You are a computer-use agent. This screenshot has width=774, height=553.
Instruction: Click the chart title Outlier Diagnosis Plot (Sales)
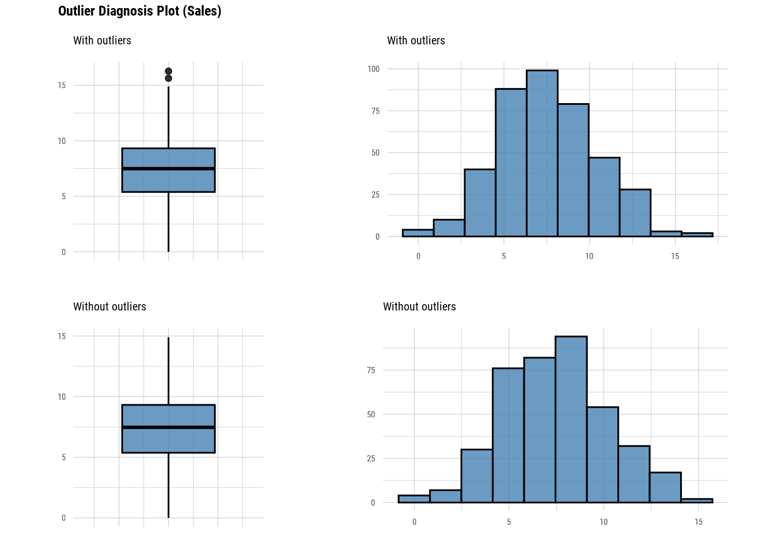pos(139,11)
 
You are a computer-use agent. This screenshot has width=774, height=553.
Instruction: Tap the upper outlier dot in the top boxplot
pos(168,71)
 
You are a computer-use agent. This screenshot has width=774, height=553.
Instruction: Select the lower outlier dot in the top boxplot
pos(168,78)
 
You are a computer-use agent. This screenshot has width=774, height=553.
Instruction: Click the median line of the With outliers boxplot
pos(168,169)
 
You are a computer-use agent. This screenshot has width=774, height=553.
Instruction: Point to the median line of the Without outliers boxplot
pos(168,427)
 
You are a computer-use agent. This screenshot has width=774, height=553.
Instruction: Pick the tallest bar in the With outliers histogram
pos(542,153)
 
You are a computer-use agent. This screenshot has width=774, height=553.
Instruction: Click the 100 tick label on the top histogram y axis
pos(374,69)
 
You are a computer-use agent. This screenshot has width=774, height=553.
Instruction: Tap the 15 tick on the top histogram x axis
pos(675,256)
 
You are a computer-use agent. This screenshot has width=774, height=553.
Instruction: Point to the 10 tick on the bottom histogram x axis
pos(604,522)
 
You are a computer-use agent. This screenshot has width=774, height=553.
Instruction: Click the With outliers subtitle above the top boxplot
pos(102,41)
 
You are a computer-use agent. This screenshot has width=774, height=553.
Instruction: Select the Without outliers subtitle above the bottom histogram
pos(419,307)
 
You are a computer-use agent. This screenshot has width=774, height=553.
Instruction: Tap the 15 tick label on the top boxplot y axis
pos(62,85)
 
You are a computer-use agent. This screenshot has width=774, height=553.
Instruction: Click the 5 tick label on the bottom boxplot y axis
pos(63,457)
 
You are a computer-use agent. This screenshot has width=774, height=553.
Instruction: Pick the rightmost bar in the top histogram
pos(697,234)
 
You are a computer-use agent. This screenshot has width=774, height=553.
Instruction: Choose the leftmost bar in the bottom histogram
pos(413,499)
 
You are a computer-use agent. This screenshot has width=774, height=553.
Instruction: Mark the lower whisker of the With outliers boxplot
pos(168,222)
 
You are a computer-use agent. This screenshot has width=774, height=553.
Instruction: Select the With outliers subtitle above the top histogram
pos(416,41)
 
